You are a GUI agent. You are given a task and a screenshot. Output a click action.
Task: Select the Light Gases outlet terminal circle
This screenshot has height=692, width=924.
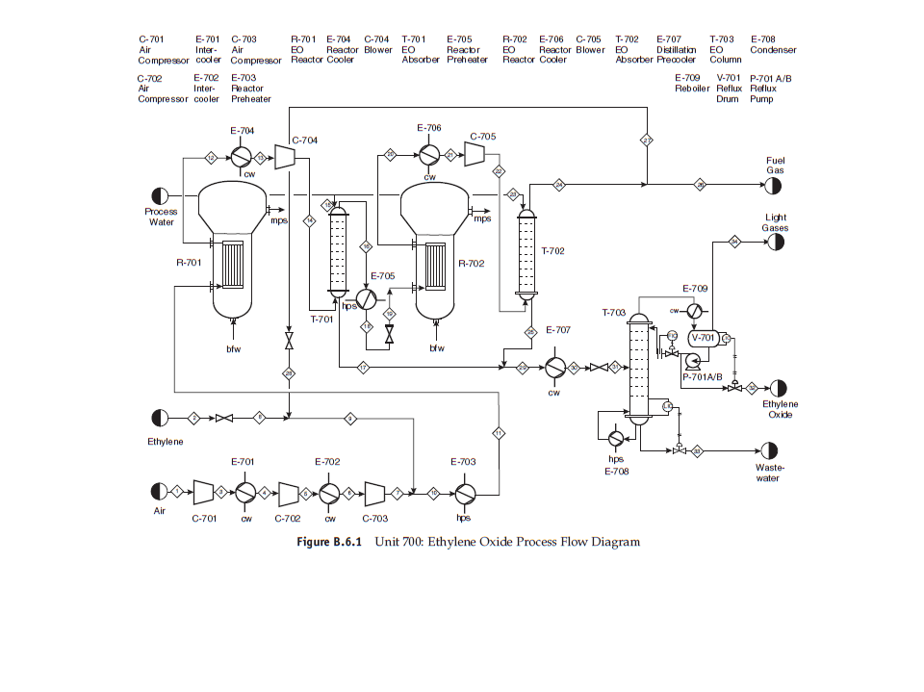[x=775, y=243]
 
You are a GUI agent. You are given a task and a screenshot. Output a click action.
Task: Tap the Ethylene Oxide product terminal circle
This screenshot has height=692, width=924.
[x=778, y=387]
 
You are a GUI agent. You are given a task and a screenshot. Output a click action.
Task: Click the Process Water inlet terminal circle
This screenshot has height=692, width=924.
[x=160, y=195]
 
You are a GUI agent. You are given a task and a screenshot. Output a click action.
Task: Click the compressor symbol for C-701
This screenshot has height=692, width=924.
[x=203, y=493]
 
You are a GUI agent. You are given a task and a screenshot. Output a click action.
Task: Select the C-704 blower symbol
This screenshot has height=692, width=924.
[x=284, y=157]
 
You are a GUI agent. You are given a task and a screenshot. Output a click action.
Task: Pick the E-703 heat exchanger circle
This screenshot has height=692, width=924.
[x=464, y=493]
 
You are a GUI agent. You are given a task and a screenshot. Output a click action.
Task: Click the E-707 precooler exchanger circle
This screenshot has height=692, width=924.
[x=553, y=368]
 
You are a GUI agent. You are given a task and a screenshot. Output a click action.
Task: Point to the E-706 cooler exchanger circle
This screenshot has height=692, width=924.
[x=429, y=154]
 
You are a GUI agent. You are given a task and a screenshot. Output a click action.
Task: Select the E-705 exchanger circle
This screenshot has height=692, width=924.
[x=366, y=298]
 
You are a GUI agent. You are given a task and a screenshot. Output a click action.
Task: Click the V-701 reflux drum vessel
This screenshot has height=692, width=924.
[x=704, y=338]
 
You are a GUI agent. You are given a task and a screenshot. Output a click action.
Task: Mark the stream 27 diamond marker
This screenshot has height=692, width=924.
[x=647, y=141]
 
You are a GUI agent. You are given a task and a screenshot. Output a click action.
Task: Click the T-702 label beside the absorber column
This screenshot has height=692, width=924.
[x=552, y=250]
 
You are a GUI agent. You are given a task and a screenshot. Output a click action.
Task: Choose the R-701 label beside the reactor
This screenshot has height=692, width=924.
[x=189, y=262]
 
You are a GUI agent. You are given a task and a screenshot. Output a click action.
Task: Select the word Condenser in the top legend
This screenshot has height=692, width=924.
[x=773, y=50]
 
